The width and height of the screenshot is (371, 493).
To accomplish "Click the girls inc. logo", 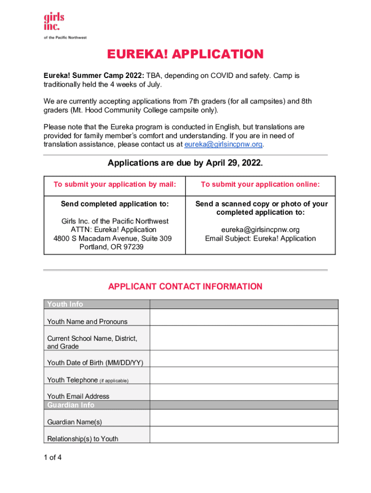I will click(54, 22).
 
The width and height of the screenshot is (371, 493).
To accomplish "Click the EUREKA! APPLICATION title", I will click(185, 54).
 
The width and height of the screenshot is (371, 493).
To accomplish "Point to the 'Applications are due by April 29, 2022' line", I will click(185, 163).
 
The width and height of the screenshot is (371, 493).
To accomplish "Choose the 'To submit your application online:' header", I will click(260, 184).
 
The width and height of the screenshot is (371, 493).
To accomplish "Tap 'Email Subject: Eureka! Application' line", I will click(260, 238).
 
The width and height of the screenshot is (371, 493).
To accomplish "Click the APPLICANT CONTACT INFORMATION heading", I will click(185, 286).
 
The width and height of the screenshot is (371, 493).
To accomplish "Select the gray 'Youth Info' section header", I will click(65, 304).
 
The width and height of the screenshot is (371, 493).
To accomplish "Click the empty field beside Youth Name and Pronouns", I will click(244, 318).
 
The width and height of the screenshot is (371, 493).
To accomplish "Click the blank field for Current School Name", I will click(244, 339).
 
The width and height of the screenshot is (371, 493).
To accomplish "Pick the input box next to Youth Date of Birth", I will click(244, 360).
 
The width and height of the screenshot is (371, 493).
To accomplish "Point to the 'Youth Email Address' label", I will click(78, 396).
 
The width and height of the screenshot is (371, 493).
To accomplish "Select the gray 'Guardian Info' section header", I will click(71, 405).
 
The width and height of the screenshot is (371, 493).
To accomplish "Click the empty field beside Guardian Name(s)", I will click(244, 419).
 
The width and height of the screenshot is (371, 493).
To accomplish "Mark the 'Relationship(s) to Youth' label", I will click(82, 439).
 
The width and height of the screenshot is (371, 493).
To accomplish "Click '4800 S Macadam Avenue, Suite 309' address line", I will click(112, 238).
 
